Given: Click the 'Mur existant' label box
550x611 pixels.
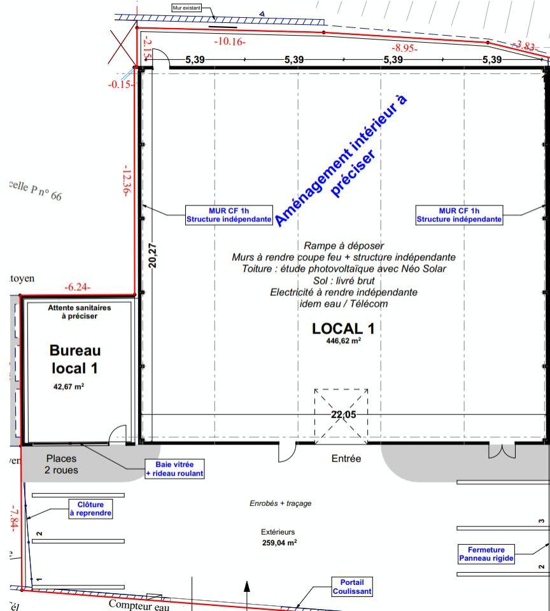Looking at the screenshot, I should (x=186, y=8).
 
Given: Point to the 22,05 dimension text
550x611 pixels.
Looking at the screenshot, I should (x=344, y=414).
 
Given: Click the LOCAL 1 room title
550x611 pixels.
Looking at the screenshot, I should (x=343, y=329).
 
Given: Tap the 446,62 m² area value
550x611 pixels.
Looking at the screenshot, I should (x=343, y=341).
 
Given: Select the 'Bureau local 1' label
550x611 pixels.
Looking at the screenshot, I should (x=75, y=359).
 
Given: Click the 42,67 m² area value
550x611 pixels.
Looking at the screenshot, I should (x=69, y=386).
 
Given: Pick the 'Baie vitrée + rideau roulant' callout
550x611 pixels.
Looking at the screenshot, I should (x=174, y=469).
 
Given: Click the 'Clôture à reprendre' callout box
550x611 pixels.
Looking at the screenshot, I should (x=90, y=509).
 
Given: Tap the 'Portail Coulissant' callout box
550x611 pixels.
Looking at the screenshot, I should (x=352, y=587).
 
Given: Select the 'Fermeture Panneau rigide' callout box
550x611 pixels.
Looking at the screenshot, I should (x=486, y=554).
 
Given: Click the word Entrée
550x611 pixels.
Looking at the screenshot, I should (x=346, y=458).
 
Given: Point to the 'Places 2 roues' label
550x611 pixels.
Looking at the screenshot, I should (x=61, y=464).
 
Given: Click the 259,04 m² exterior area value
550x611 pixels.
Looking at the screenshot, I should (x=278, y=543).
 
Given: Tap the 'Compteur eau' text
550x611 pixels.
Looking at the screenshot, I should (x=139, y=604).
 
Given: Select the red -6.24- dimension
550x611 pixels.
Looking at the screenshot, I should (x=78, y=288).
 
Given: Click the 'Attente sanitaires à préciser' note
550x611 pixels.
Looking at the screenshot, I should (x=79, y=311).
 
